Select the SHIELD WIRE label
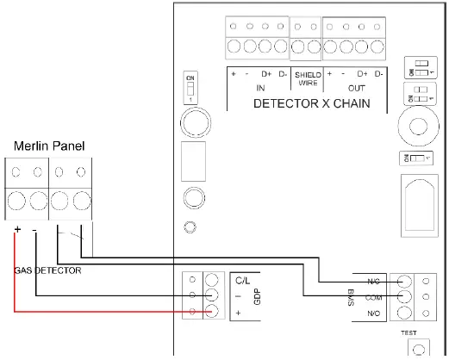(308, 79)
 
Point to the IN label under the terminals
(260, 88)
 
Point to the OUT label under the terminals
(355, 88)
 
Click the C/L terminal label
(240, 281)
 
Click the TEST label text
(408, 331)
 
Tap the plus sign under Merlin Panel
(17, 231)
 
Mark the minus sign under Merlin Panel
(34, 231)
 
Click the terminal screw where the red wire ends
(211, 313)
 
